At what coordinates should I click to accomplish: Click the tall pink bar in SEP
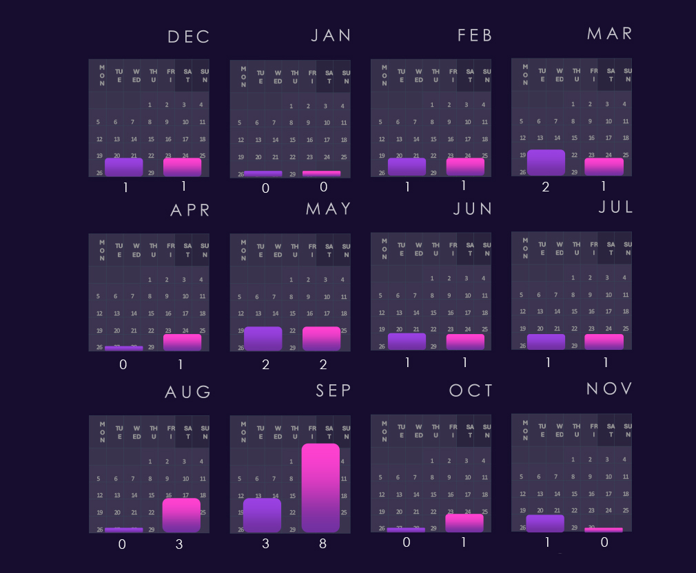(321, 488)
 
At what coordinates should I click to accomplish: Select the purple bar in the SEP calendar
(263, 515)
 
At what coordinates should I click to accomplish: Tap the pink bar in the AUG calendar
(181, 515)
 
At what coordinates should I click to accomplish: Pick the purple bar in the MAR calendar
(546, 163)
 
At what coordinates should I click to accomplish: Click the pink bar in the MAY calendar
(321, 339)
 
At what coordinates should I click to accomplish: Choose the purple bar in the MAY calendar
(263, 339)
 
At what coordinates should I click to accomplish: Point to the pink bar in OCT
(464, 523)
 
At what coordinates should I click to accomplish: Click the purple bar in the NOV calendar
(545, 523)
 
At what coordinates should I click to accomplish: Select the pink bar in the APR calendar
(182, 342)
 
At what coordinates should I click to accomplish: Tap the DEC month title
(189, 37)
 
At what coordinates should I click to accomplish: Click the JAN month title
(331, 36)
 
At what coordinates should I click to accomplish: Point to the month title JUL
(615, 207)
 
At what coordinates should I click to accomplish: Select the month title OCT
(471, 391)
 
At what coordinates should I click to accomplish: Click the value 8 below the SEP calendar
(323, 544)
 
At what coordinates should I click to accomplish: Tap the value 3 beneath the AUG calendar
(179, 545)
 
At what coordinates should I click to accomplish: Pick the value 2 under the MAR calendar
(546, 187)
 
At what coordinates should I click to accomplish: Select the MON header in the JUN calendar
(384, 248)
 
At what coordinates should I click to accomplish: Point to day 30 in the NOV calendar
(591, 528)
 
